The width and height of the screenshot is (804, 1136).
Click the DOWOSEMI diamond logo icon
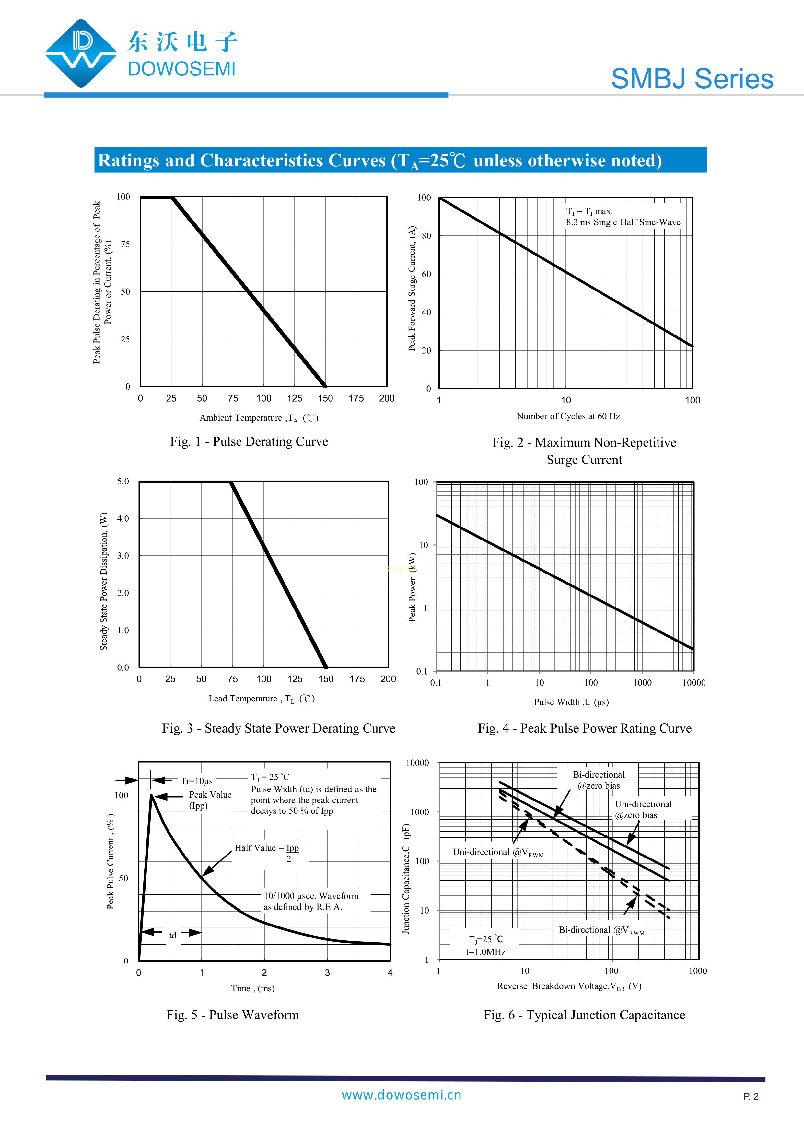[x=81, y=53]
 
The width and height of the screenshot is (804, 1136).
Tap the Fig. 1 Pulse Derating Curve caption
[x=249, y=441]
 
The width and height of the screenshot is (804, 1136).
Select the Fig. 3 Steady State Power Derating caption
[x=278, y=728]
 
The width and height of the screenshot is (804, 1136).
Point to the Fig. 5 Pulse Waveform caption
[x=233, y=1015]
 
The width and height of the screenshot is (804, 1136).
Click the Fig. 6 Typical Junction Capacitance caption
[x=584, y=1015]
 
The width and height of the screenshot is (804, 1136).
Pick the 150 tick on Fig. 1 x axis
[x=325, y=398]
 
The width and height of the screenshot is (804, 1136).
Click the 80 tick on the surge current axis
[x=426, y=236]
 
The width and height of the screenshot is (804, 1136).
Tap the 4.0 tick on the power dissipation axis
[x=123, y=518]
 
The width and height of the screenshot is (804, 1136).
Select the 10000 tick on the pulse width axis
[x=693, y=683]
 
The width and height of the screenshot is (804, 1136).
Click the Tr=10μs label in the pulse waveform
[x=197, y=781]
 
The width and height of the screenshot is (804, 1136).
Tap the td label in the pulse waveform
[x=172, y=935]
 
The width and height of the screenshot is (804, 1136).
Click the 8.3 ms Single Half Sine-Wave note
[x=623, y=222]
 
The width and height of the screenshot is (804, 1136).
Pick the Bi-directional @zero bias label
[x=599, y=780]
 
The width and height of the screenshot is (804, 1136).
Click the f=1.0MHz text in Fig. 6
[x=486, y=952]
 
